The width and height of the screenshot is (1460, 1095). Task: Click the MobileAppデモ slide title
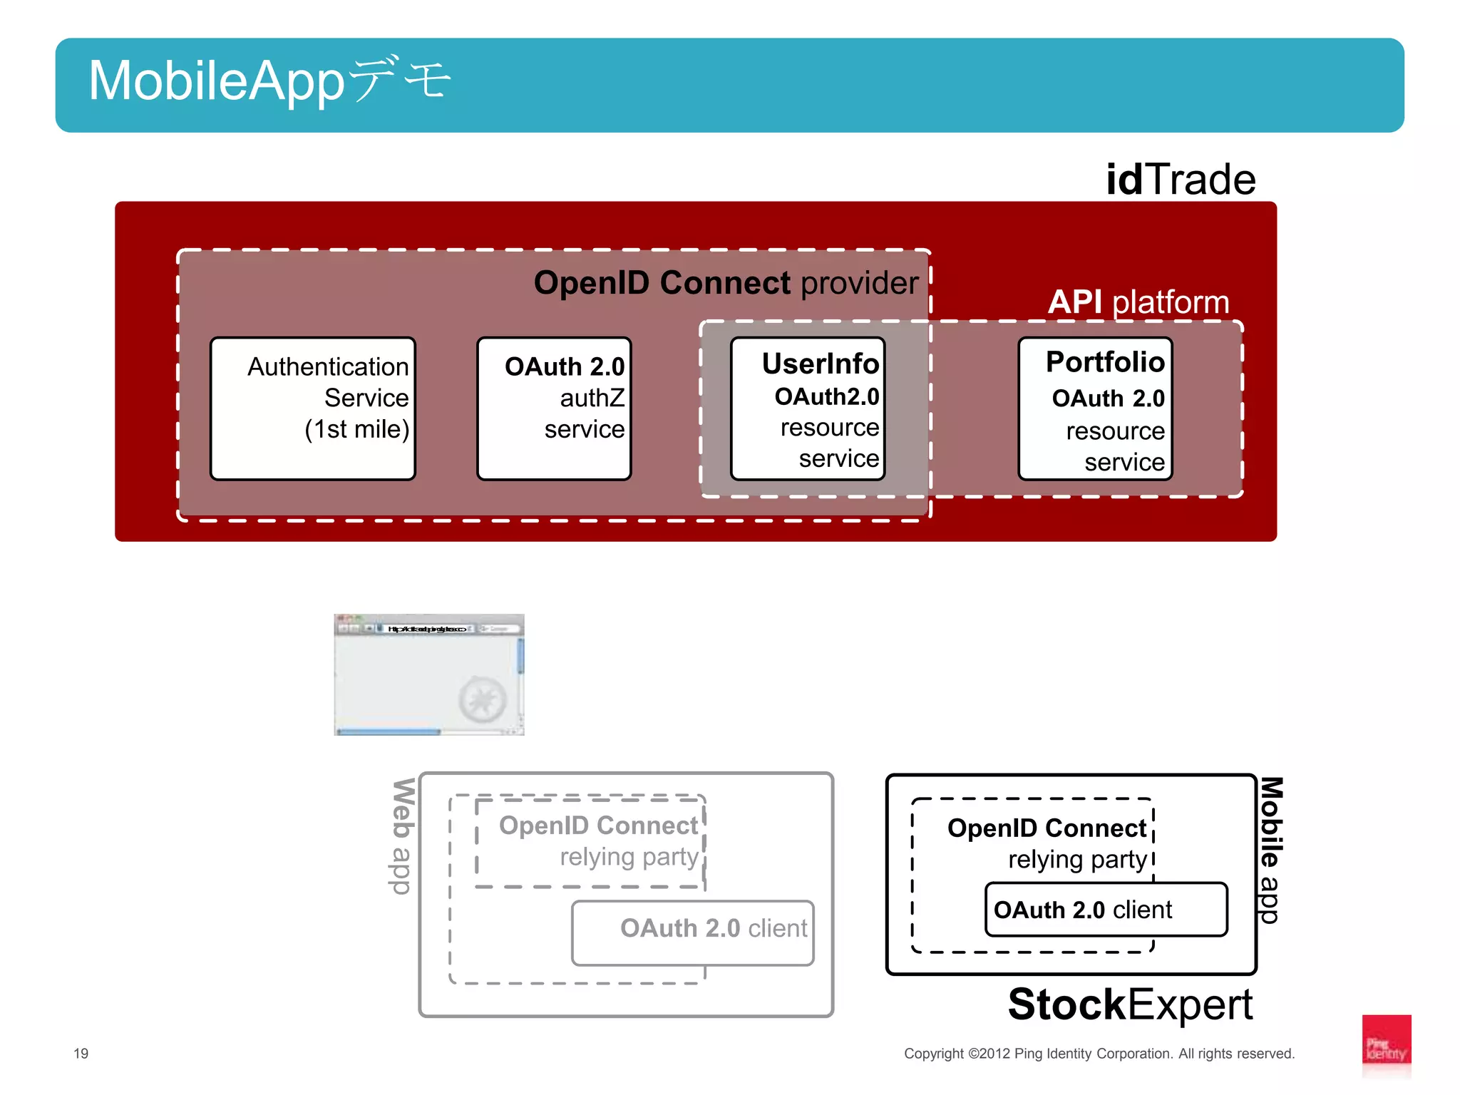269,81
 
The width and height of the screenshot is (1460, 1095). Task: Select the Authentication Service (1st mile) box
313,408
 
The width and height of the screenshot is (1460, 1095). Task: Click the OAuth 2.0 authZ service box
554,408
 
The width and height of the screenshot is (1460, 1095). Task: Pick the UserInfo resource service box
808,408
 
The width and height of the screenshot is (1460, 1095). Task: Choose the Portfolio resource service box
1095,408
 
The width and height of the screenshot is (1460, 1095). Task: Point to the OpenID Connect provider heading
726,283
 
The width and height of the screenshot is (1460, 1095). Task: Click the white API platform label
1138,302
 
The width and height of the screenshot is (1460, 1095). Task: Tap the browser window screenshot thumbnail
428,674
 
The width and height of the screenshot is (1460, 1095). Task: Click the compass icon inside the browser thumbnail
483,700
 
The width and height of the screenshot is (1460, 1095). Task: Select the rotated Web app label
403,836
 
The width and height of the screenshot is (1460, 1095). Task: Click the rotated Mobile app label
1271,850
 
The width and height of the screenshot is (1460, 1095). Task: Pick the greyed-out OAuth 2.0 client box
692,932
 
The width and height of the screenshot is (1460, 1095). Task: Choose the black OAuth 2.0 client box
1106,910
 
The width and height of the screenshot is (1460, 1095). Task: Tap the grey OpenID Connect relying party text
599,840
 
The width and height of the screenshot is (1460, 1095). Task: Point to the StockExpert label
1130,1004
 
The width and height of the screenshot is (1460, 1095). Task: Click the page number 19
81,1054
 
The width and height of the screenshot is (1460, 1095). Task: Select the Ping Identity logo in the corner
1386,1044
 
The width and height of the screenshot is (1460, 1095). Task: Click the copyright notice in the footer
1099,1054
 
